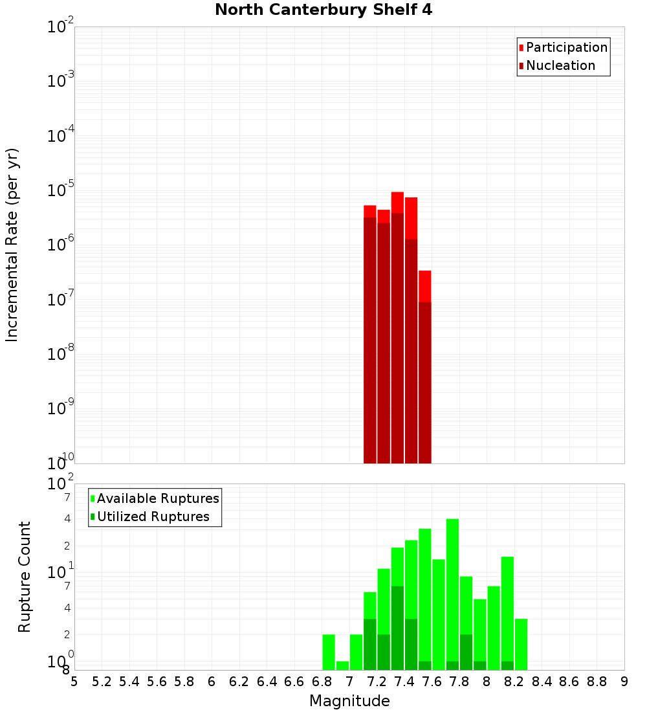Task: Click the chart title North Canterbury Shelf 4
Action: coord(323,10)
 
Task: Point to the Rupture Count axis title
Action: coord(25,577)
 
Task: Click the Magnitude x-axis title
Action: coord(349,701)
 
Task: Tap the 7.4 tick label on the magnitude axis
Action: coord(404,682)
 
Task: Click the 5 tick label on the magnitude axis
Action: coord(74,682)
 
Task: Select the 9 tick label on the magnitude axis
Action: coord(624,682)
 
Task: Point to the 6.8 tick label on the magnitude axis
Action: coord(322,682)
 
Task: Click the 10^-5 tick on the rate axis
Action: coord(61,190)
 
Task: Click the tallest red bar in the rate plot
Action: coord(397,324)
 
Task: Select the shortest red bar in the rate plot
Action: coord(425,362)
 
